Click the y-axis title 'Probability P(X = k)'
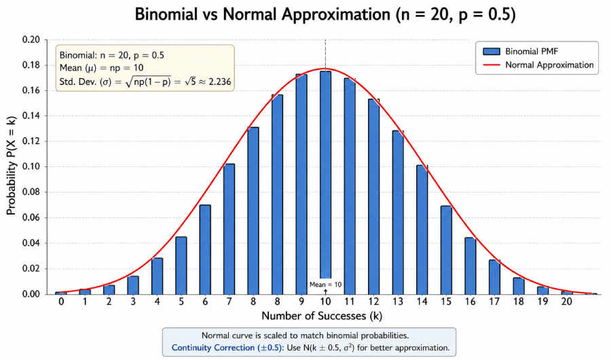click(12, 166)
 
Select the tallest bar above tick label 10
click(325, 170)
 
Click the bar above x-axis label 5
click(181, 265)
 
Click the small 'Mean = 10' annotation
click(325, 285)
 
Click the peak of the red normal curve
click(325, 69)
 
